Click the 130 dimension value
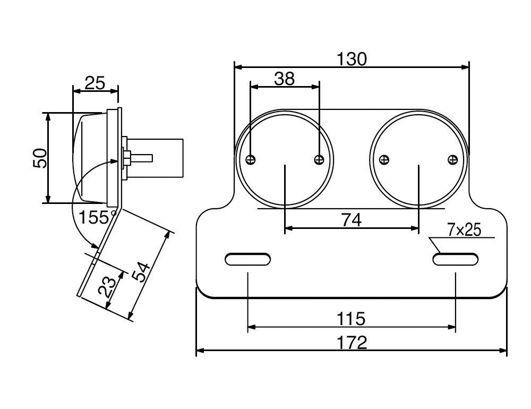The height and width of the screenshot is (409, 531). pyautogui.click(x=352, y=59)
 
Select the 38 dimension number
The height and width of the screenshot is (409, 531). pyautogui.click(x=284, y=79)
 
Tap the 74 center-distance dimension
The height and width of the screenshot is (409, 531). pyautogui.click(x=351, y=219)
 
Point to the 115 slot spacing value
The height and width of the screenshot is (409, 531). pyautogui.click(x=351, y=319)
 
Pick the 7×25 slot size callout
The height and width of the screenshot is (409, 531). pyautogui.click(x=464, y=230)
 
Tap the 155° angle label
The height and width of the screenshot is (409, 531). pyautogui.click(x=97, y=217)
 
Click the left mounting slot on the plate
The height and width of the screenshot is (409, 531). pyautogui.click(x=248, y=259)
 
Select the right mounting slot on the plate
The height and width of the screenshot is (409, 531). pyautogui.click(x=455, y=259)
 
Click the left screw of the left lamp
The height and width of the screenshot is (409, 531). pyautogui.click(x=252, y=159)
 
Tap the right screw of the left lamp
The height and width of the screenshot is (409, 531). pyautogui.click(x=319, y=159)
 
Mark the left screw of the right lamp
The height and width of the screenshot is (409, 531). pyautogui.click(x=385, y=159)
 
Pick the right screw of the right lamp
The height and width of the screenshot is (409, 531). pyautogui.click(x=452, y=159)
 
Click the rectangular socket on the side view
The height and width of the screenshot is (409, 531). pyautogui.click(x=159, y=157)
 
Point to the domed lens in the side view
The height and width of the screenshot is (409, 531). pyautogui.click(x=88, y=158)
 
